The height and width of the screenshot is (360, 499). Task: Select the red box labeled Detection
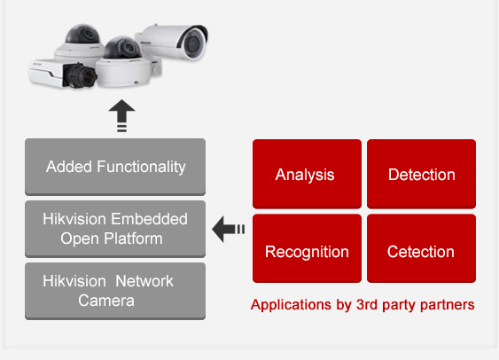click(x=421, y=174)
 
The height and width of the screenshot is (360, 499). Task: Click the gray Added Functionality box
click(x=115, y=166)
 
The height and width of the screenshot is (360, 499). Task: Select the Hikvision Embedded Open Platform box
click(x=115, y=228)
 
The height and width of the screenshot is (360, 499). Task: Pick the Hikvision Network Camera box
click(x=115, y=290)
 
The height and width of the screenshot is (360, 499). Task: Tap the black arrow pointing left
click(x=228, y=231)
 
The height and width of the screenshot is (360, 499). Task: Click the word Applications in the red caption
click(x=287, y=305)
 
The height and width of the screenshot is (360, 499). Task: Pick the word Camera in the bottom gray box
click(x=105, y=300)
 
